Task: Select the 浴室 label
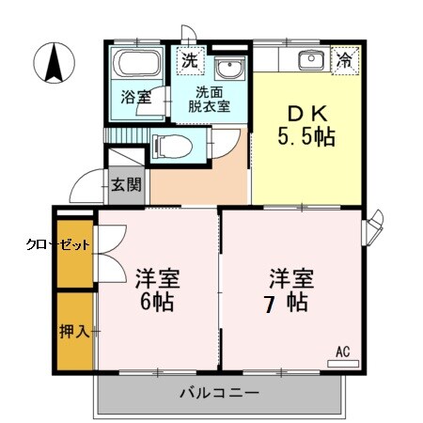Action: (135, 96)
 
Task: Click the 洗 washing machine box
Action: (189, 61)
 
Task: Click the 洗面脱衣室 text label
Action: (211, 99)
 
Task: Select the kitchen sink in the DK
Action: (311, 61)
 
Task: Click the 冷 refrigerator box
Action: (347, 61)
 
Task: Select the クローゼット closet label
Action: (57, 243)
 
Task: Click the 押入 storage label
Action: (74, 332)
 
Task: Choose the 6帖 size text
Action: (157, 304)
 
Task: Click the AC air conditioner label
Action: (342, 352)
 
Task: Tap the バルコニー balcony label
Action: (218, 392)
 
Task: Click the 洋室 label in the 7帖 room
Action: (290, 278)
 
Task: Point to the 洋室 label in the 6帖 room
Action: (157, 279)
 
